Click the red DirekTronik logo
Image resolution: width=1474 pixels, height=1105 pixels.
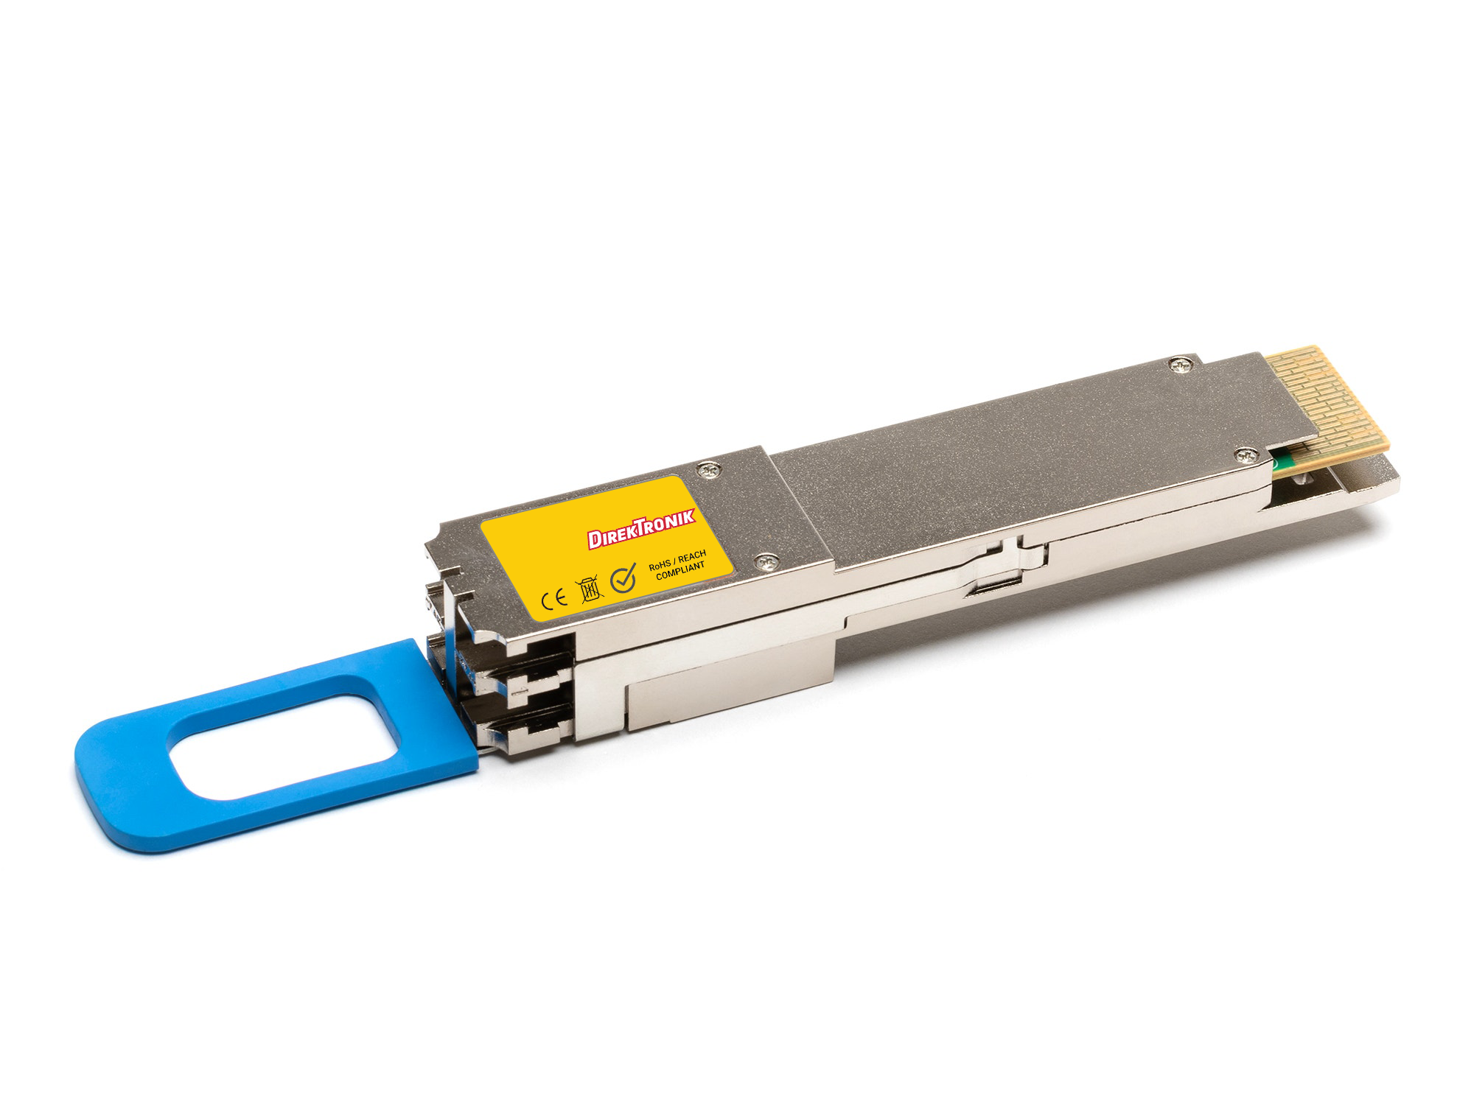641,528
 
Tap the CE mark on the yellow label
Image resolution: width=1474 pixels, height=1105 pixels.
554,598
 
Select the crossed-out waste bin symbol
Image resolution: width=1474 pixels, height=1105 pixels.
590,590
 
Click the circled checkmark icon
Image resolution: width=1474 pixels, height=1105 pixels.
624,578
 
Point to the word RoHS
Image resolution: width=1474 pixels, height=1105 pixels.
660,565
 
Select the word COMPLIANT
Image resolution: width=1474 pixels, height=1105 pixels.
680,571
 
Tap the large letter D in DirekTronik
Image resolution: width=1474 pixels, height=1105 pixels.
594,540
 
